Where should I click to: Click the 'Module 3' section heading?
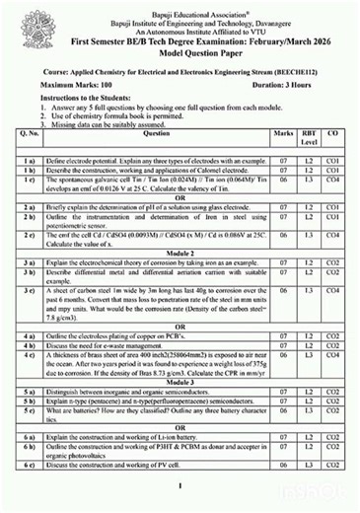(180, 381)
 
